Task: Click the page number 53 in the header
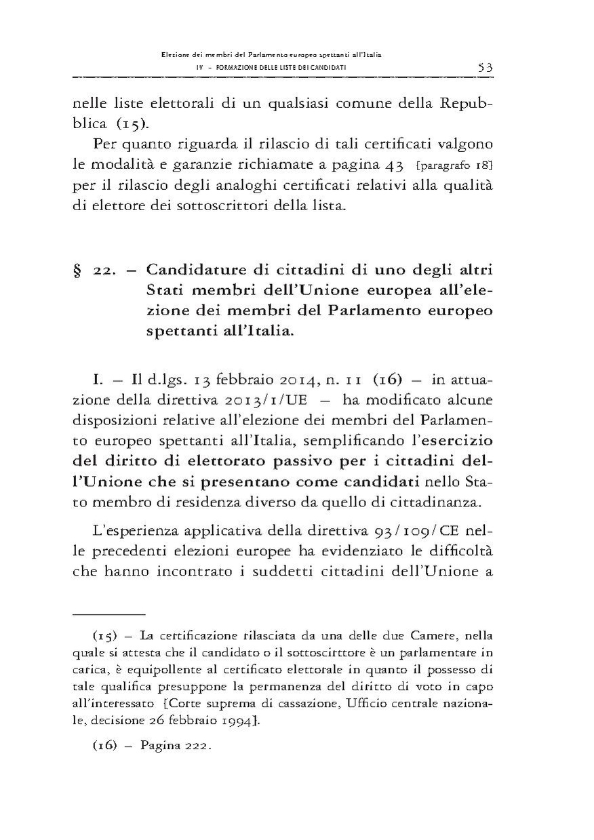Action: (484, 67)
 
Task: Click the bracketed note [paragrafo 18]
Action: (452, 167)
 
